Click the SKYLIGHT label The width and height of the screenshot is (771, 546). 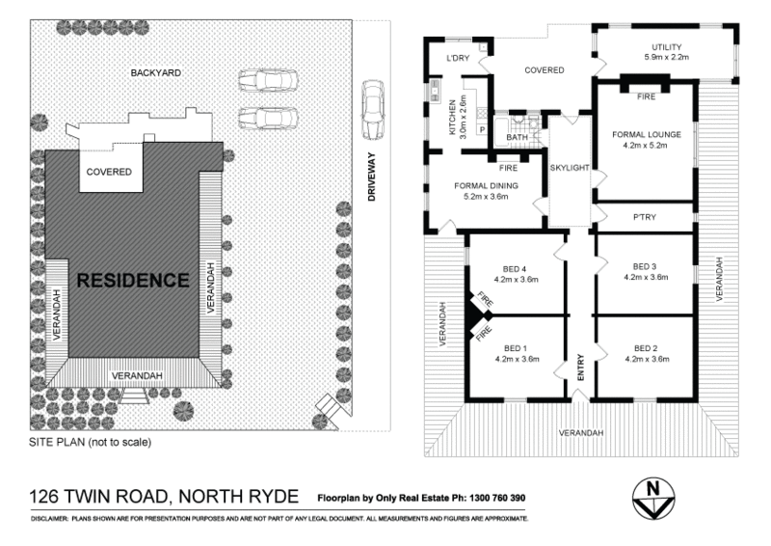point(569,168)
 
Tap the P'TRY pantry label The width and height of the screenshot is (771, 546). point(644,217)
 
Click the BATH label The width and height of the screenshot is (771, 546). point(518,137)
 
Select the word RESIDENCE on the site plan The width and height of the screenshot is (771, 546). point(133,281)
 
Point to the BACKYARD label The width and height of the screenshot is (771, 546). point(156,72)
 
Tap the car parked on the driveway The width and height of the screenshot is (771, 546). point(371,109)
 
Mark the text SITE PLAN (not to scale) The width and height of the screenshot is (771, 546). point(91,443)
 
